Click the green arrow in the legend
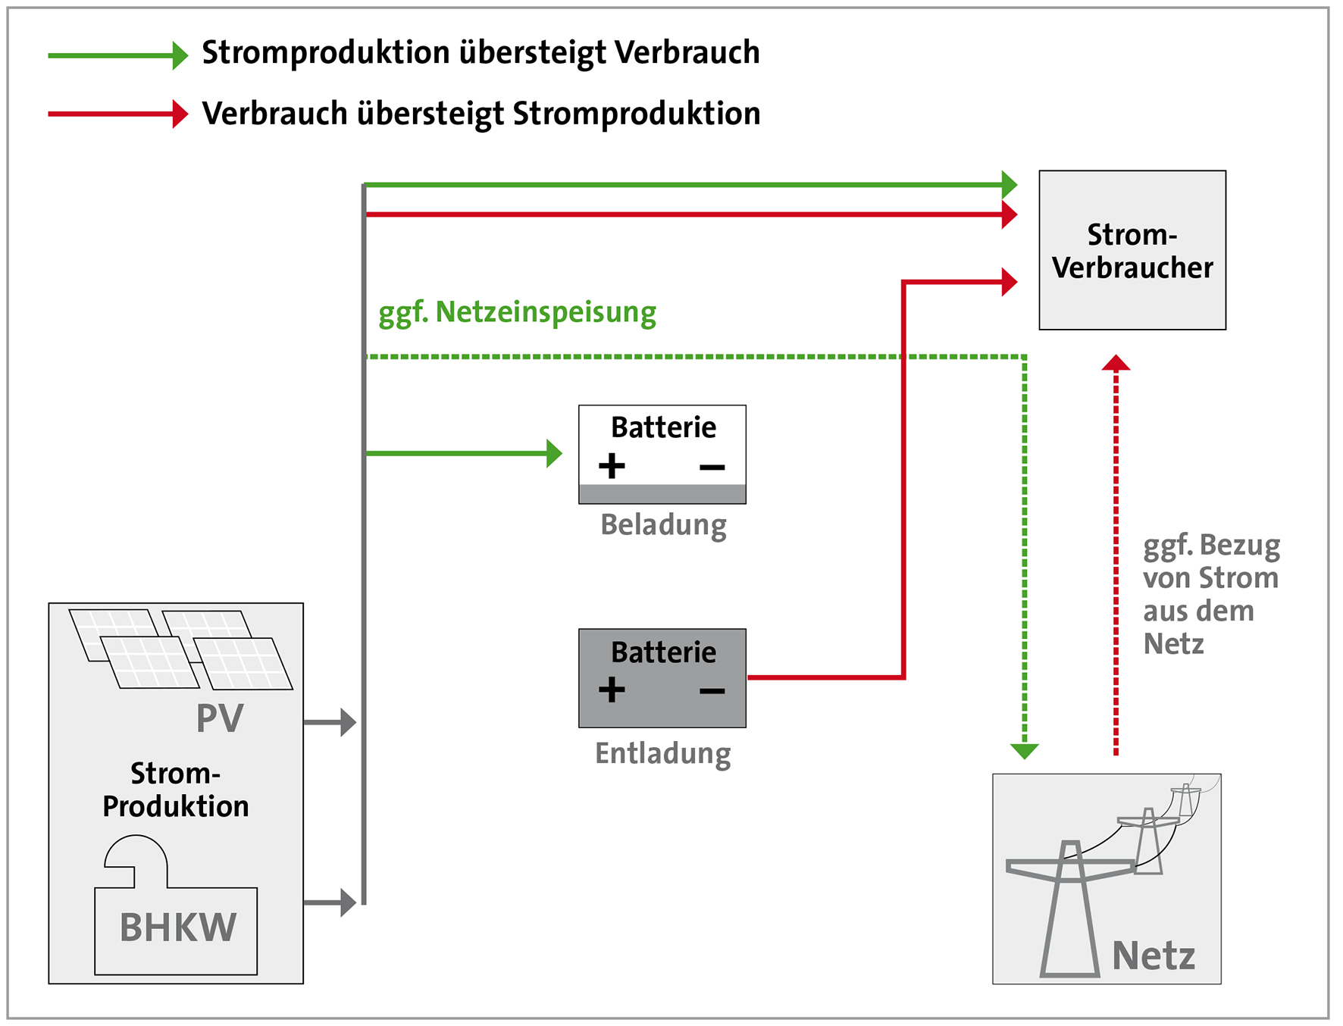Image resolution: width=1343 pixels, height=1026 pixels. pos(117,55)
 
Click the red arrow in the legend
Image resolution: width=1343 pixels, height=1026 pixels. pos(117,114)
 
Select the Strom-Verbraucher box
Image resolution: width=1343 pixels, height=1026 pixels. pos(1132,250)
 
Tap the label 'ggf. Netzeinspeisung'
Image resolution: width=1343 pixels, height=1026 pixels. pos(517,312)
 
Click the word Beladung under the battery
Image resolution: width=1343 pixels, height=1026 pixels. pos(663,524)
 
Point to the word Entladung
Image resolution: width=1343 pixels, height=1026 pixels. pos(662,753)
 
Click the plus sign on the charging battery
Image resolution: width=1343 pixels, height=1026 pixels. pos(612,465)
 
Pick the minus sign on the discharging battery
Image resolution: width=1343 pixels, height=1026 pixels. pos(712,690)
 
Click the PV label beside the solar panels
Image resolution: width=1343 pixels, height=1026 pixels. pos(220,718)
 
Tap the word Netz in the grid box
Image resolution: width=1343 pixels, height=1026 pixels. pos(1153,956)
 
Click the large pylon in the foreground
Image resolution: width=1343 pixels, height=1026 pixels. pos(1069,909)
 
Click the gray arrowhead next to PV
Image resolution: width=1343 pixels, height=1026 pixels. pos(348,722)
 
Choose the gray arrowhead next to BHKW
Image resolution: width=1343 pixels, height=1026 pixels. pos(348,902)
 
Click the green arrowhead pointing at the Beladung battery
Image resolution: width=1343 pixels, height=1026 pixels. pos(554,453)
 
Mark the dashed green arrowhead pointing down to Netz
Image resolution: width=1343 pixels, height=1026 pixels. pos(1024,751)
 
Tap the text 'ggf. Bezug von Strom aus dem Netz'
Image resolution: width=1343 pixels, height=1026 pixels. pos(1210,594)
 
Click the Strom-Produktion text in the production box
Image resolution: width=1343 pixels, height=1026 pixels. pos(176,790)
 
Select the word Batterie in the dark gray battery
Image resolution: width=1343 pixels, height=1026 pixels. pos(663,652)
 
